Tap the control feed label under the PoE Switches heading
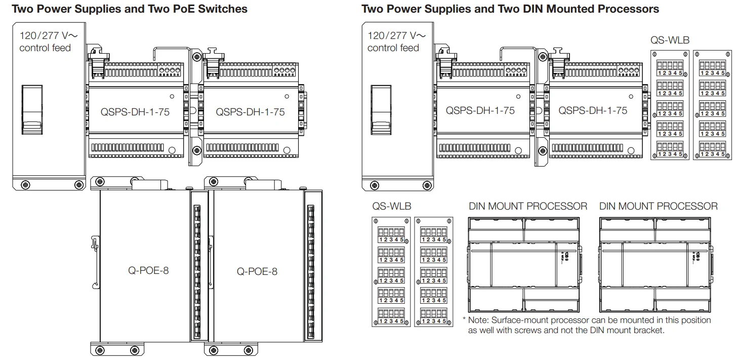(x=45, y=48)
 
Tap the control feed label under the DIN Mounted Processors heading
(x=393, y=48)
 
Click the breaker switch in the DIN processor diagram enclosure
(x=381, y=110)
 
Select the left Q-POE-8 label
(x=148, y=270)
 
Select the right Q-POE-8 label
(x=257, y=271)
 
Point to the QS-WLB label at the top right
(x=670, y=41)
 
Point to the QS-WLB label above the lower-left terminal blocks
(x=392, y=207)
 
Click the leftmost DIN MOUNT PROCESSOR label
(x=528, y=207)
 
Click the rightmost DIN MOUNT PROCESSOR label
(x=658, y=207)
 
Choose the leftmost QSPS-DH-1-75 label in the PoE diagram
(x=135, y=112)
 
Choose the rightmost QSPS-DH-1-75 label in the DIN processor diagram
(x=593, y=111)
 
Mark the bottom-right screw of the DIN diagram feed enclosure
(x=426, y=185)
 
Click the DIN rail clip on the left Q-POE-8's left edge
(x=94, y=243)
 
